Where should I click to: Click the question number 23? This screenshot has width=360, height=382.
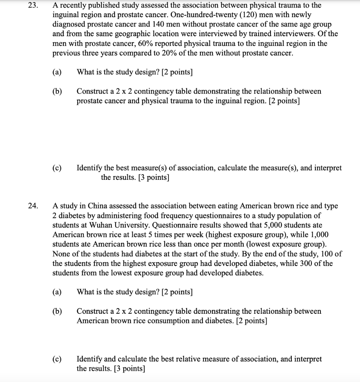coord(32,6)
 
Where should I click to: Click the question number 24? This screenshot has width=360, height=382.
coord(32,206)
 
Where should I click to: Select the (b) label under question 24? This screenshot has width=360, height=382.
coord(58,311)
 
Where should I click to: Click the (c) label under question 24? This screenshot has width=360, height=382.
coord(58,359)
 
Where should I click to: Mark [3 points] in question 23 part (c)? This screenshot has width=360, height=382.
coord(153,178)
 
